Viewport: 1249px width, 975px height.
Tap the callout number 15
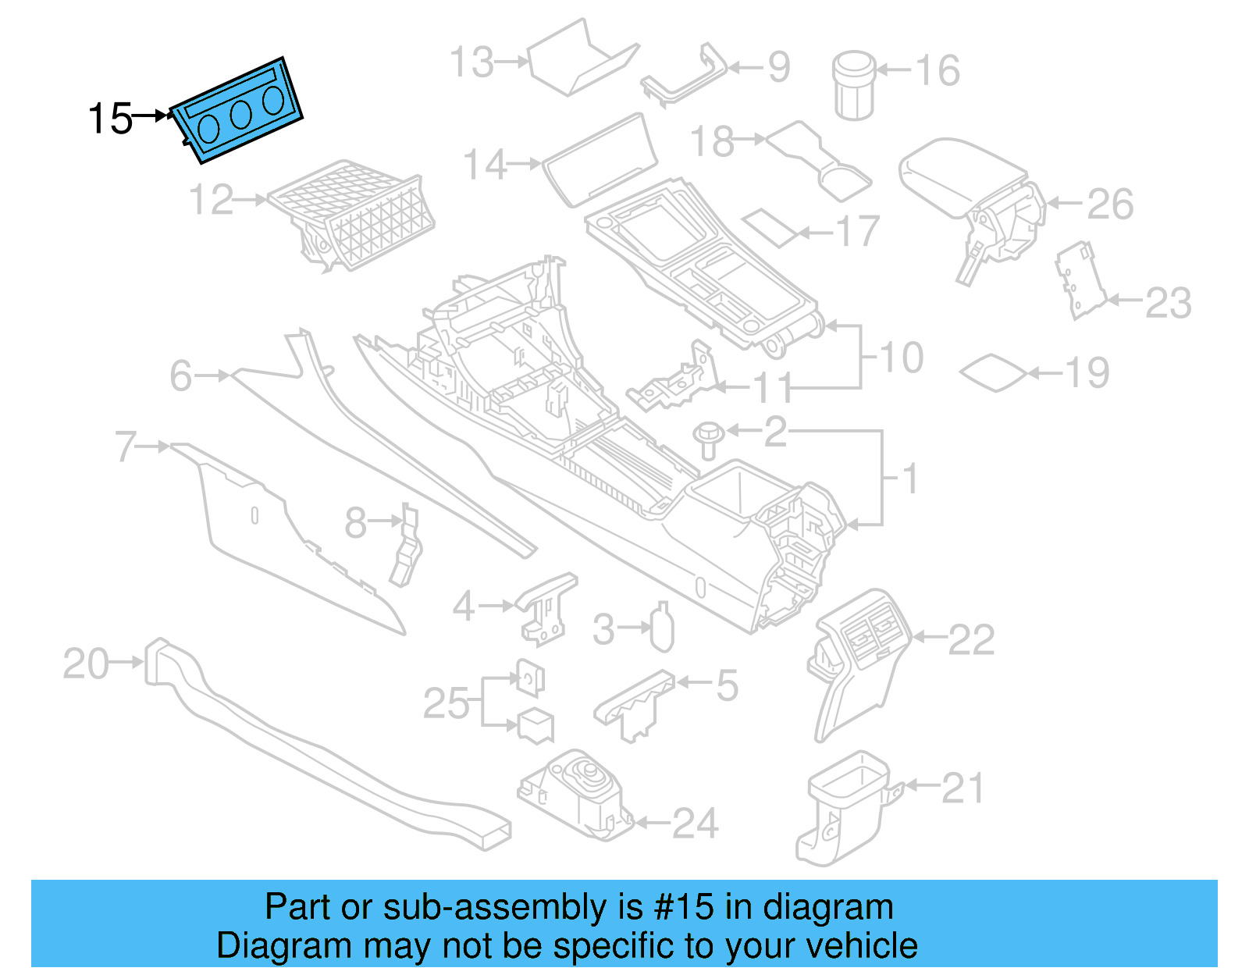click(x=110, y=119)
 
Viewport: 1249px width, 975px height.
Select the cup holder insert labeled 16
click(x=854, y=85)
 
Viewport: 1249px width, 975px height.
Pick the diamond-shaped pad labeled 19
click(x=993, y=372)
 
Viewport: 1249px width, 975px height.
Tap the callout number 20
click(x=86, y=664)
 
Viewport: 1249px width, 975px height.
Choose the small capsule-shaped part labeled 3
click(x=662, y=628)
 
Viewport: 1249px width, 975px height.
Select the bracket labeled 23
click(x=1081, y=281)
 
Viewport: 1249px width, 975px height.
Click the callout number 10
click(x=902, y=358)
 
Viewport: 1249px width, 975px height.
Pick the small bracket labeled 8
click(x=407, y=546)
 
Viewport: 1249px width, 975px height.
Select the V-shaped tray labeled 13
click(x=582, y=59)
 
